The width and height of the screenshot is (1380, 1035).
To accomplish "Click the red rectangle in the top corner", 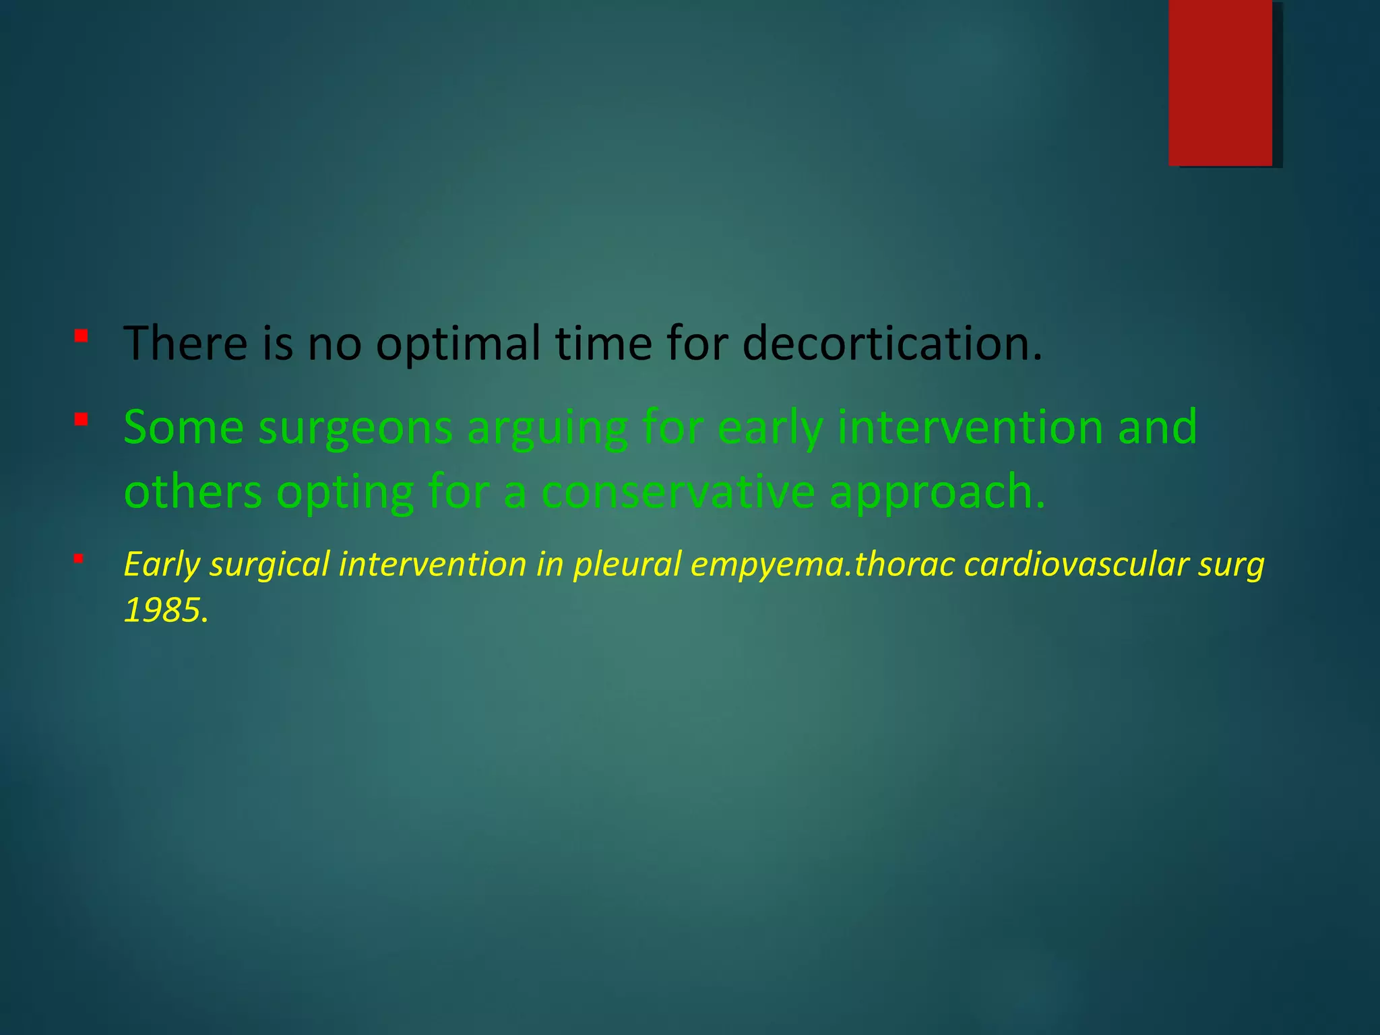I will tap(1220, 83).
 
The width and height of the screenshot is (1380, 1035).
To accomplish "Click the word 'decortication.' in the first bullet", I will tap(892, 343).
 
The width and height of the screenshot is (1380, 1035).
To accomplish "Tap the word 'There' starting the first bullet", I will tap(186, 343).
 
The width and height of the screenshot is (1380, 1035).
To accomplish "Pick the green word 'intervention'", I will tap(968, 427).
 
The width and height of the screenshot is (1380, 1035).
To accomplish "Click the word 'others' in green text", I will tap(193, 492).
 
